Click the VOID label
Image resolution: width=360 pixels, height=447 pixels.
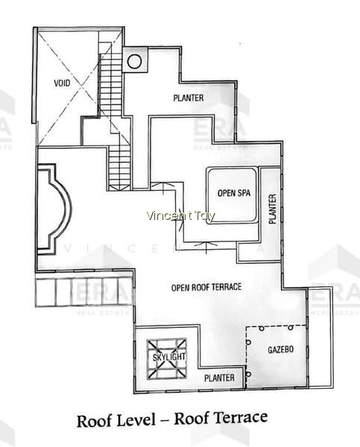click(x=62, y=83)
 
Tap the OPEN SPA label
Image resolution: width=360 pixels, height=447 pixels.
click(x=234, y=193)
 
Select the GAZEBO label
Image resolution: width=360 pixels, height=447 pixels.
click(x=281, y=349)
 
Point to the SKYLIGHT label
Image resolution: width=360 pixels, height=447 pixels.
click(x=169, y=357)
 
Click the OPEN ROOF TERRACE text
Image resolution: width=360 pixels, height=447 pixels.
click(x=206, y=287)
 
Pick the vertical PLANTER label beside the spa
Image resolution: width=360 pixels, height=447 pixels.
click(x=273, y=209)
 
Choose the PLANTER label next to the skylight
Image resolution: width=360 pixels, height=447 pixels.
click(x=219, y=378)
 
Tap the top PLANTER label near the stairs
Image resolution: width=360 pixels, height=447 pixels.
click(x=189, y=98)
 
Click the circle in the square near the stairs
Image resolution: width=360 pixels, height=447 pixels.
click(x=134, y=61)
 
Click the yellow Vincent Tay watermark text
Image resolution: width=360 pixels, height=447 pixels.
click(x=180, y=216)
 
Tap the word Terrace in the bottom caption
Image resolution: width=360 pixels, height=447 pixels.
click(x=241, y=418)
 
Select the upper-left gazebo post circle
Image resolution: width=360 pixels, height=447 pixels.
click(x=262, y=329)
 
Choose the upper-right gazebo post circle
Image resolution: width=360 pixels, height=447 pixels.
click(x=291, y=328)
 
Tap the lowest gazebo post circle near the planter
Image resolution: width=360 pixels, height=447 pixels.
click(x=248, y=374)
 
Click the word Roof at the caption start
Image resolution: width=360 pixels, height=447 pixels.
click(x=93, y=421)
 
